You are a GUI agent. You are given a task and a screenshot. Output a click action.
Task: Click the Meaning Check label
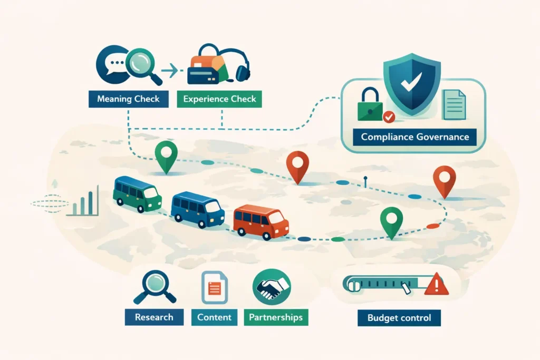128,99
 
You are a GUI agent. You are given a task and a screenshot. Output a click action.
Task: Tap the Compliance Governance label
414,137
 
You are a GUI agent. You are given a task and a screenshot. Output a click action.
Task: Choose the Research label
154,317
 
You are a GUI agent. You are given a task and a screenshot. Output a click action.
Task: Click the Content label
214,317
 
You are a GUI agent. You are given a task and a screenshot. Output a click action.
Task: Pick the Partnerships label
276,317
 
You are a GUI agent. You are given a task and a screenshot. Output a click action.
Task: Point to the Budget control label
399,318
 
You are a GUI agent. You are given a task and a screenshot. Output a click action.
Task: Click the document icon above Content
214,287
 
